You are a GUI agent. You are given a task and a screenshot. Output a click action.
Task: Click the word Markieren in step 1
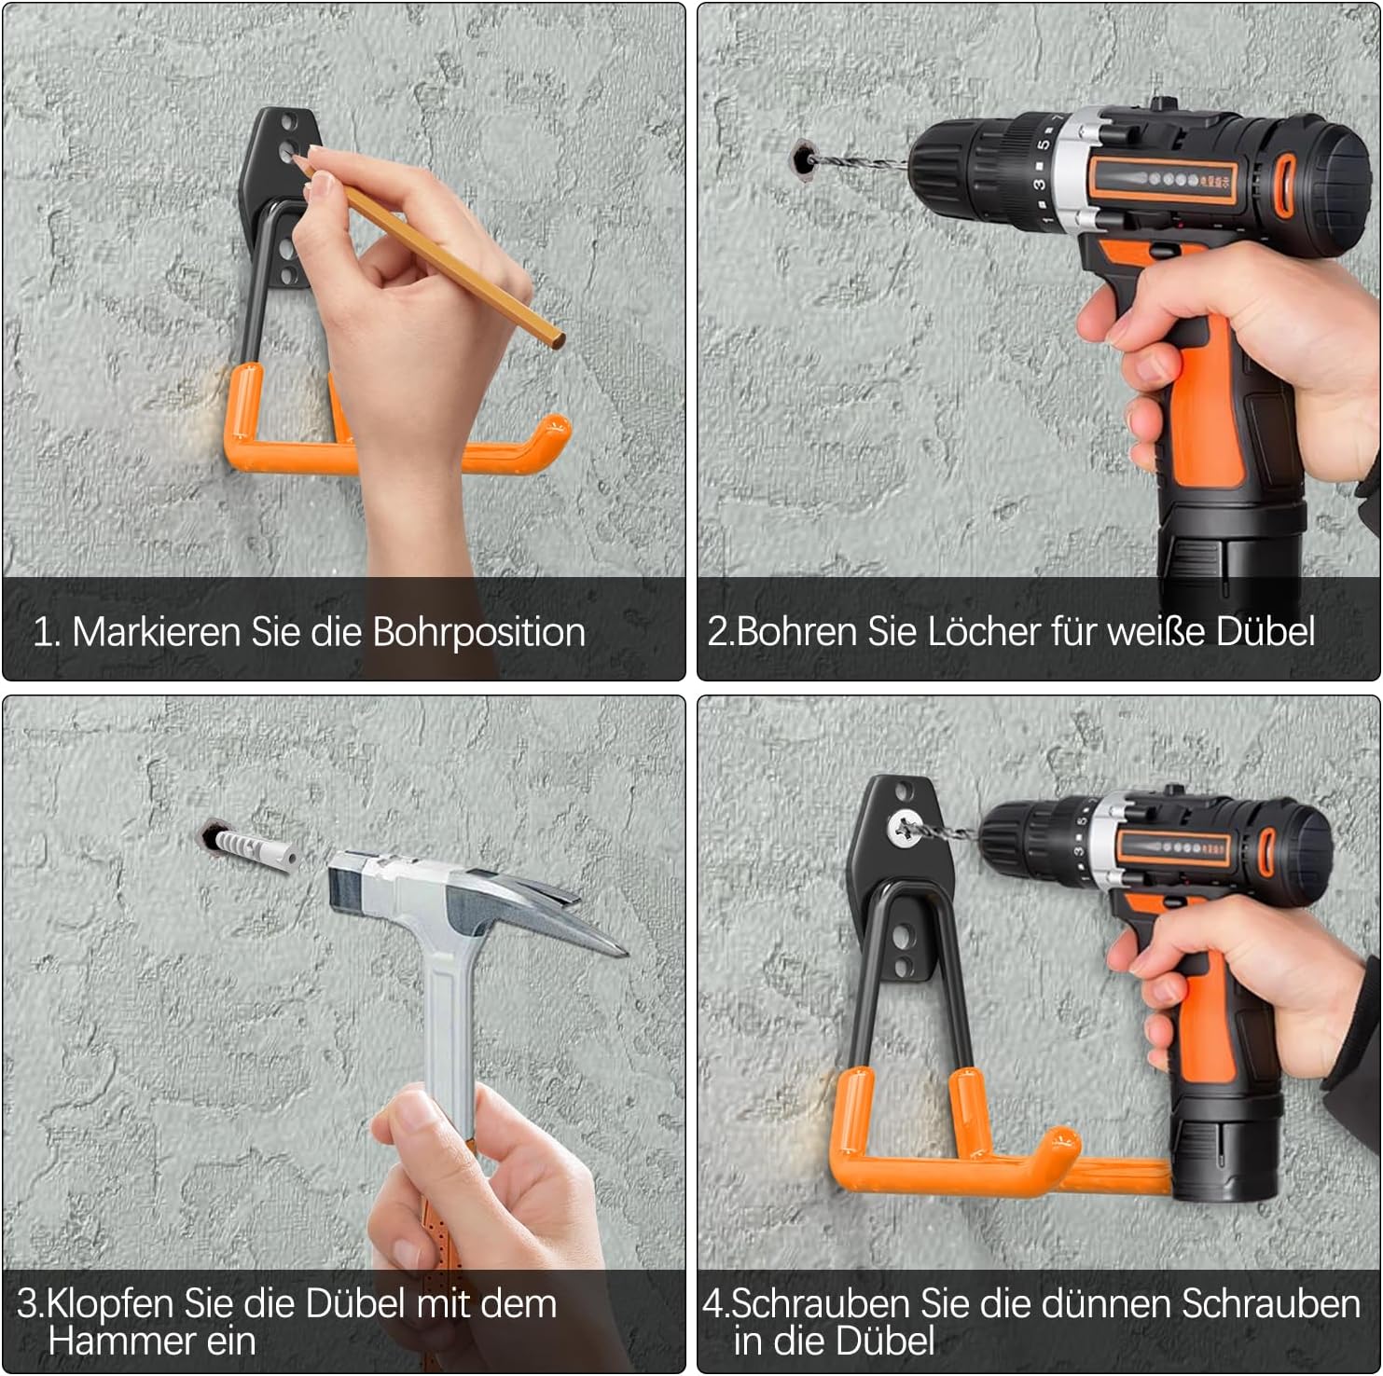point(156,632)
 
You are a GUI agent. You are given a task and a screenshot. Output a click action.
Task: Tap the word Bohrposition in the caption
point(478,633)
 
